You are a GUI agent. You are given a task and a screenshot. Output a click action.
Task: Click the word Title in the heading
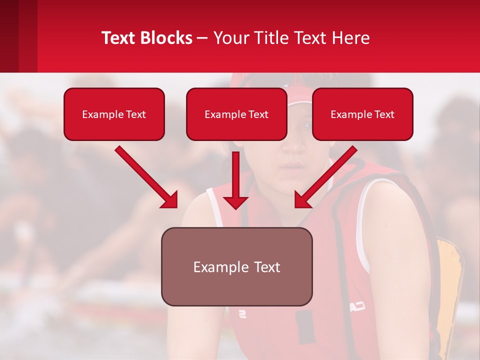click(x=274, y=38)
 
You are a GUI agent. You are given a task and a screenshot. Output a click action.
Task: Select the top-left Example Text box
click(x=114, y=114)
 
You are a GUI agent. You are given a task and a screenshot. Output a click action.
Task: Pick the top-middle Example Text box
click(x=236, y=114)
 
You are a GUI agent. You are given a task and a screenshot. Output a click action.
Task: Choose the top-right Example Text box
click(x=362, y=114)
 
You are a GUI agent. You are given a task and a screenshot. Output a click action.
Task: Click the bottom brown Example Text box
click(x=236, y=266)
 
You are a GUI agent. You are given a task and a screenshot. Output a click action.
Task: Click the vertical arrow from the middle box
click(x=235, y=172)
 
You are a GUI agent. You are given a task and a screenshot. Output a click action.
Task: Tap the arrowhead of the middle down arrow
click(x=235, y=201)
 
